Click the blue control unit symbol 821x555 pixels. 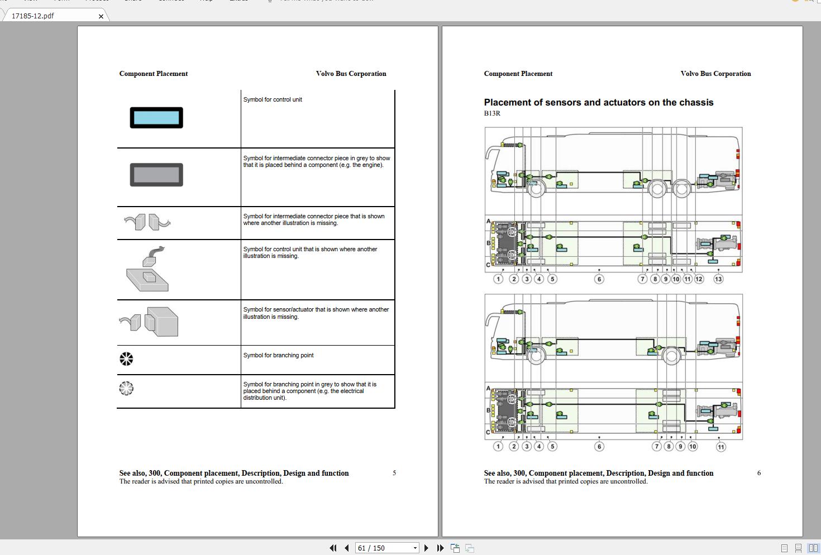pyautogui.click(x=156, y=118)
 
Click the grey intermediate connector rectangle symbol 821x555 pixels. pyautogui.click(x=156, y=175)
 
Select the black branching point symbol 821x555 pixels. pyautogui.click(x=127, y=358)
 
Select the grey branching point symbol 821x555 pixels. pyautogui.click(x=127, y=388)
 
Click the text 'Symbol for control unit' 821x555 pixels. pyautogui.click(x=273, y=99)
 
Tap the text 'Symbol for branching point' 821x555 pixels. pyautogui.click(x=278, y=355)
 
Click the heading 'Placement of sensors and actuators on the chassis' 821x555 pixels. pyautogui.click(x=599, y=102)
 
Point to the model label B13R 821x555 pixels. pyautogui.click(x=492, y=113)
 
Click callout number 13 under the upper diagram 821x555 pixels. pyautogui.click(x=718, y=279)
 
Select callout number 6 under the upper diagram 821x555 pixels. pyautogui.click(x=599, y=279)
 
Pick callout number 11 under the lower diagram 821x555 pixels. pyautogui.click(x=721, y=447)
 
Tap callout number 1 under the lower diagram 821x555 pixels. pyautogui.click(x=498, y=446)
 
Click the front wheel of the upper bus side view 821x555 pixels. pyautogui.click(x=537, y=188)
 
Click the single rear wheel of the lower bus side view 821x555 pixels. pyautogui.click(x=671, y=355)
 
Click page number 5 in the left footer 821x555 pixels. pyautogui.click(x=394, y=473)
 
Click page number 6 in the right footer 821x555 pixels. pyautogui.click(x=759, y=473)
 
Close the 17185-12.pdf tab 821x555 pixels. pyautogui.click(x=101, y=16)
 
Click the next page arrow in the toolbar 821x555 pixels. pyautogui.click(x=427, y=548)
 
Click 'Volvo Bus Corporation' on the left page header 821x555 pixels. pyautogui.click(x=351, y=74)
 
